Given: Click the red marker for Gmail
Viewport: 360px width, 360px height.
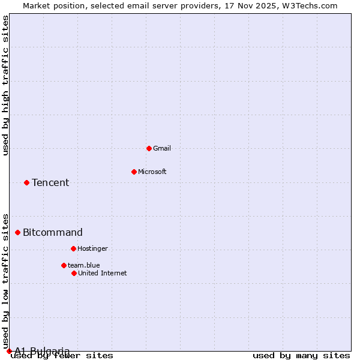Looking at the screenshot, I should click(x=149, y=148).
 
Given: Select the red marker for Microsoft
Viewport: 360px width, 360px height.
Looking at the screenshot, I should click(x=134, y=172).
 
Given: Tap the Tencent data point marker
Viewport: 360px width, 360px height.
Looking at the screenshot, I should click(x=26, y=182).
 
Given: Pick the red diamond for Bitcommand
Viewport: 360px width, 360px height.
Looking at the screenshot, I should click(x=17, y=232).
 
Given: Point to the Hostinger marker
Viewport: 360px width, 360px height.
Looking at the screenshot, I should click(x=73, y=248).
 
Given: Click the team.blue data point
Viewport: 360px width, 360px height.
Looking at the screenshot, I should click(x=64, y=265).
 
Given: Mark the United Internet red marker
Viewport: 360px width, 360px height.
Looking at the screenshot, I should click(x=74, y=273).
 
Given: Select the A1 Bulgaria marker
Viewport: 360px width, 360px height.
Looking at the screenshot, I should click(x=9, y=351).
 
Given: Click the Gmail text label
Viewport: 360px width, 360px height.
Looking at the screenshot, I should click(x=162, y=148).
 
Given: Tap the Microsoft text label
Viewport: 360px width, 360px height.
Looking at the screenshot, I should click(x=152, y=172).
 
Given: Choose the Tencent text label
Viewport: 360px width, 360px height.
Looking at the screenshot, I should click(x=50, y=182).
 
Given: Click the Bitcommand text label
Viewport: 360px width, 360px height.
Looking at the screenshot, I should click(x=53, y=232).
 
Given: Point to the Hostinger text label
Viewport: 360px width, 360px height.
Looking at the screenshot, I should click(x=92, y=248).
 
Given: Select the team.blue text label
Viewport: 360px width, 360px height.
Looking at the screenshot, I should click(x=84, y=265).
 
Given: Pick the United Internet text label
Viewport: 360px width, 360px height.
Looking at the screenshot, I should click(x=103, y=273).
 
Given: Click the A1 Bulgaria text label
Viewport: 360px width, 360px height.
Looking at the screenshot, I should click(x=42, y=351).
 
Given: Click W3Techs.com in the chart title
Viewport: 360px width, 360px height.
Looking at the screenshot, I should click(x=311, y=5).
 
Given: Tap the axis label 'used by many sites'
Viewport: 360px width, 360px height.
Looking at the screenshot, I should click(x=301, y=356).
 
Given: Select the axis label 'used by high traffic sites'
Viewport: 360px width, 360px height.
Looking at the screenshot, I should click(x=6, y=85).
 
